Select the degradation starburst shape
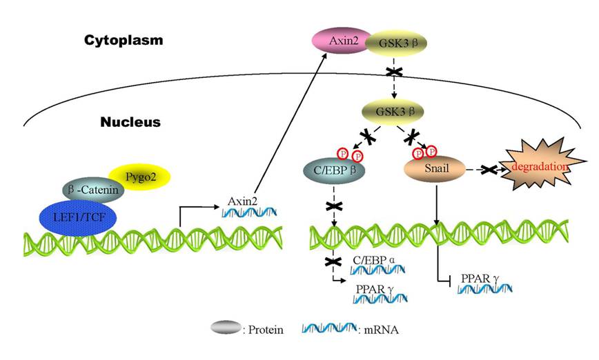point(541,166)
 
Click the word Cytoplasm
point(124,40)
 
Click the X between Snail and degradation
point(490,168)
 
